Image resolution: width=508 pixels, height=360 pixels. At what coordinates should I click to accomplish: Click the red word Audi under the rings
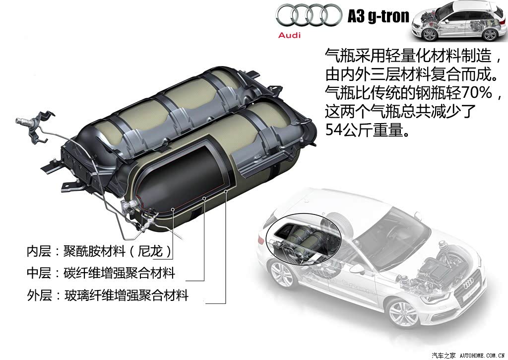click(x=289, y=35)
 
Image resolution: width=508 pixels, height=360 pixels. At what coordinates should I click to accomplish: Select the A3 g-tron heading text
click(x=379, y=16)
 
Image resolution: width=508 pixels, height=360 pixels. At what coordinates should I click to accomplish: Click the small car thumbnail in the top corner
click(x=459, y=21)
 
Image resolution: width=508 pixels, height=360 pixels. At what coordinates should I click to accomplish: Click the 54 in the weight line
click(x=333, y=130)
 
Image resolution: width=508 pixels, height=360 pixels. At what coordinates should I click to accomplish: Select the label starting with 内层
click(x=99, y=251)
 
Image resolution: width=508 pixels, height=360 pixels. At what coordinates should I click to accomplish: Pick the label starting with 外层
click(x=108, y=295)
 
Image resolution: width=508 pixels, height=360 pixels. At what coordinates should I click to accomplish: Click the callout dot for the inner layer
click(x=173, y=210)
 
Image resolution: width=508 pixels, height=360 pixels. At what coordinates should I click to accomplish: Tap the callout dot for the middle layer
click(x=204, y=198)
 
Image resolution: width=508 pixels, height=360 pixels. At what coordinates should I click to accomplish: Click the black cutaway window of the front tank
click(x=182, y=175)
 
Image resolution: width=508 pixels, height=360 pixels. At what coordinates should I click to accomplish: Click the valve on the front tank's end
click(x=129, y=206)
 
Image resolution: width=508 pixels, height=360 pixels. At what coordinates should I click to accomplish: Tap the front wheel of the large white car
click(x=403, y=313)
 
